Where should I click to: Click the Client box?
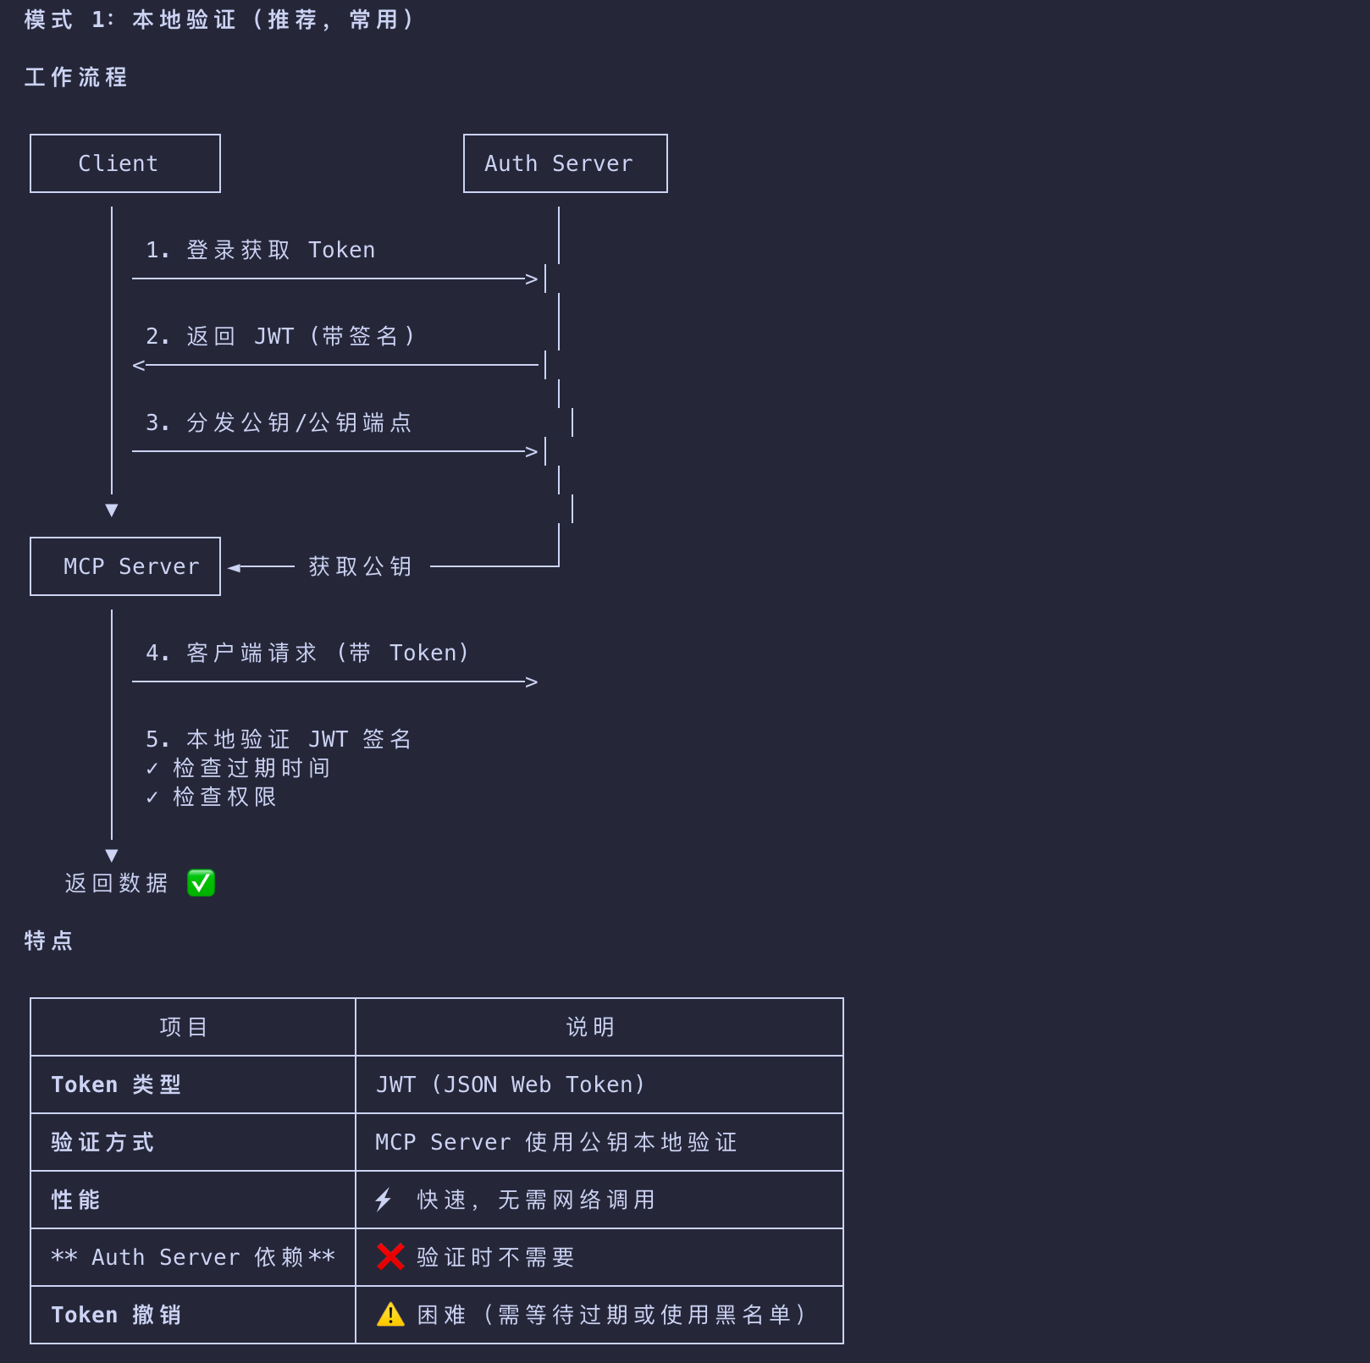(125, 163)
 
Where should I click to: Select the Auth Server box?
(565, 163)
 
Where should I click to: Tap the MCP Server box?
(125, 566)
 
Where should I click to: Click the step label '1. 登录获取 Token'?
(260, 250)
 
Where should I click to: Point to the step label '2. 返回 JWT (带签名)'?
(280, 336)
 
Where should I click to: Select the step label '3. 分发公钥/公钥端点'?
(279, 422)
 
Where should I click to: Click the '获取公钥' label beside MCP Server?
(360, 566)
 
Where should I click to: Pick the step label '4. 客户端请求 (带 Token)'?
(307, 653)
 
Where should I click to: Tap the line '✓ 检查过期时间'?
(238, 768)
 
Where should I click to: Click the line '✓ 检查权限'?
(211, 797)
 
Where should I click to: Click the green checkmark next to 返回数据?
(201, 883)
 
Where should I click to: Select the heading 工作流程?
(76, 77)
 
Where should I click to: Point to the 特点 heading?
(49, 941)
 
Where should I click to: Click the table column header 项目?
(184, 1027)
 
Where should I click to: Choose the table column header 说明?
(590, 1027)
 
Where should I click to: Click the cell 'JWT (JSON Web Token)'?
(510, 1084)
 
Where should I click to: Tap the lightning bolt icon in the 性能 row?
(384, 1200)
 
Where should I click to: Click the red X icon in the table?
(390, 1257)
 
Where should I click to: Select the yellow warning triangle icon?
(390, 1315)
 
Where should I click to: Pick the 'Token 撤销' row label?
(116, 1315)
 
